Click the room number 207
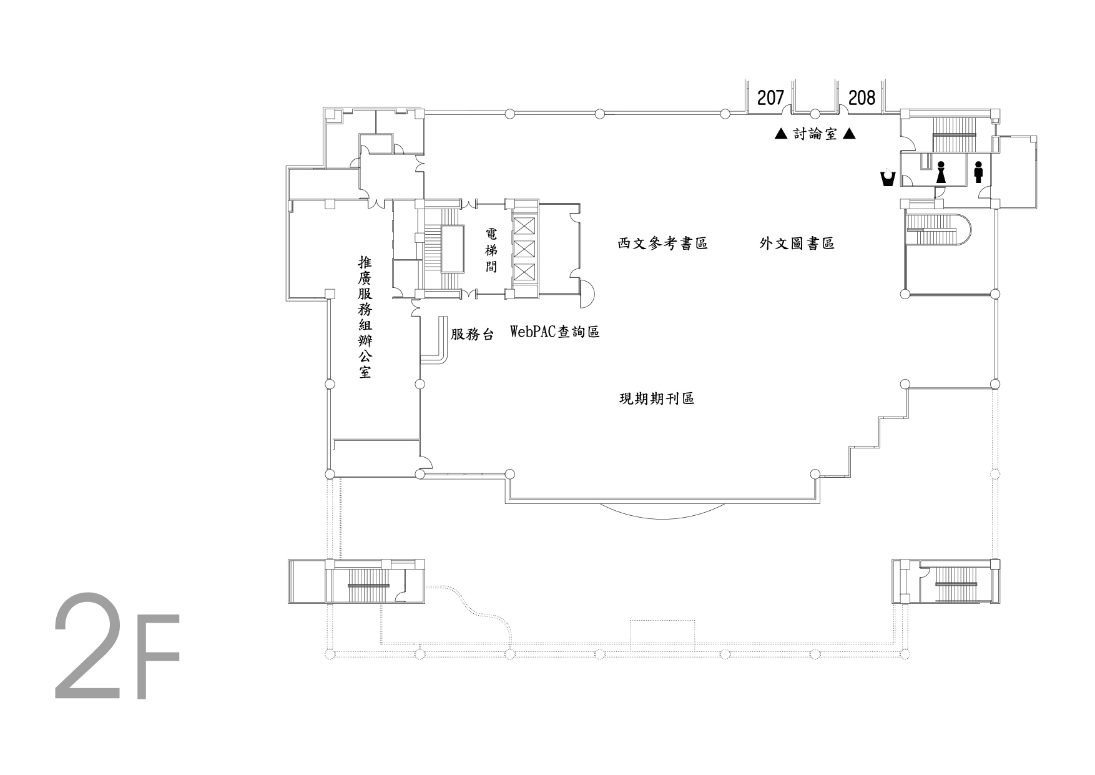pyautogui.click(x=770, y=97)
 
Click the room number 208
pyautogui.click(x=862, y=97)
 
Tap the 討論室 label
pyautogui.click(x=815, y=134)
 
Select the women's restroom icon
pyautogui.click(x=941, y=172)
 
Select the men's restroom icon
pyautogui.click(x=978, y=172)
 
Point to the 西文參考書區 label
pyautogui.click(x=663, y=244)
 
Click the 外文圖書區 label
pyautogui.click(x=797, y=244)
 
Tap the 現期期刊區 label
pyautogui.click(x=657, y=398)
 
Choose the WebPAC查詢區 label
pyautogui.click(x=555, y=332)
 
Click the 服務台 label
pyautogui.click(x=473, y=335)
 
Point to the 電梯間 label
pyautogui.click(x=491, y=250)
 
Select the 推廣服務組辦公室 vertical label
pyautogui.click(x=365, y=317)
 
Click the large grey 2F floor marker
pyautogui.click(x=117, y=646)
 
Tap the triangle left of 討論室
pyautogui.click(x=780, y=134)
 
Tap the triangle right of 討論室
pyautogui.click(x=849, y=134)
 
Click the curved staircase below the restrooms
pyautogui.click(x=939, y=230)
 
